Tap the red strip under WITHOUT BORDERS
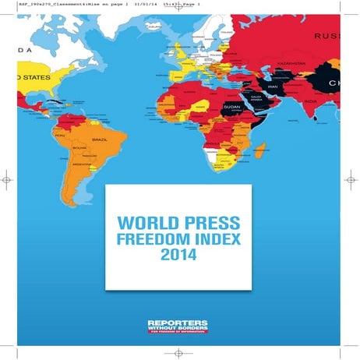pyautogui.click(x=179, y=334)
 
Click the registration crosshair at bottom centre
pyautogui.click(x=179, y=353)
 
